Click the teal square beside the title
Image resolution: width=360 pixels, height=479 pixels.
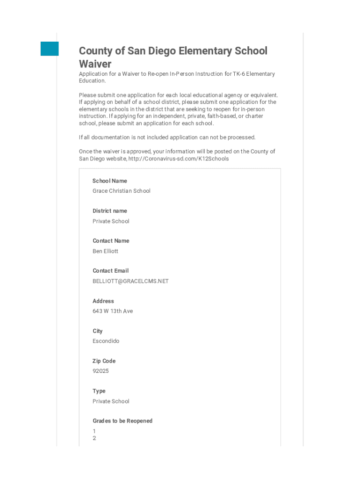(50, 49)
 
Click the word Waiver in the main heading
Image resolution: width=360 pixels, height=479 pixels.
(95, 64)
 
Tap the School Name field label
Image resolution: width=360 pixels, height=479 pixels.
(109, 181)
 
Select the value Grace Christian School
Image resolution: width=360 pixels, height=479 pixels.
(121, 191)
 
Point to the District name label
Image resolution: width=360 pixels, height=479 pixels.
(109, 211)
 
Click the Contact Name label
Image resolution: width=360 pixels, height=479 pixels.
(110, 241)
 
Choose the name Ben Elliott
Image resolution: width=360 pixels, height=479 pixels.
(105, 251)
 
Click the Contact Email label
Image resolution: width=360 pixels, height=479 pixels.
(110, 271)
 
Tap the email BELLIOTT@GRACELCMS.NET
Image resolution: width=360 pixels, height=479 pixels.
(130, 281)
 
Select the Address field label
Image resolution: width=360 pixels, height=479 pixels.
(103, 301)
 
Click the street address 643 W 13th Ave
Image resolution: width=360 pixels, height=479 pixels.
(112, 311)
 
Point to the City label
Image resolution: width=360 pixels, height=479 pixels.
(97, 331)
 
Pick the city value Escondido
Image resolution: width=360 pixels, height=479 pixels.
(106, 341)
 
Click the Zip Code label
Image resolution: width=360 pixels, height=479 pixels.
(104, 361)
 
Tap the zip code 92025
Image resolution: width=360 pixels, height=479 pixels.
(101, 371)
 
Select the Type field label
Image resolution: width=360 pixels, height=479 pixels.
(99, 391)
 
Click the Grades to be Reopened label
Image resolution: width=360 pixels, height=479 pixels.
(122, 421)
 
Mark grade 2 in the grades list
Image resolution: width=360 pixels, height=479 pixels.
(94, 438)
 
